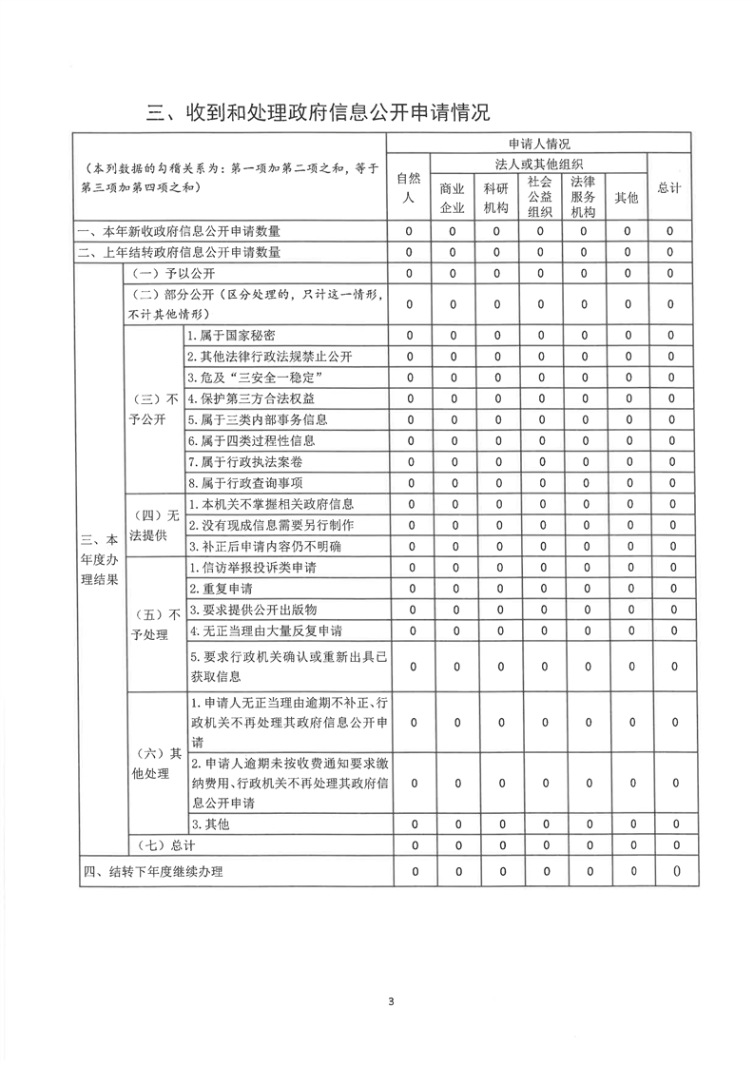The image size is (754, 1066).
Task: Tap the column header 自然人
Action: [x=409, y=188]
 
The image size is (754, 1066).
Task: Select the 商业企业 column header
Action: [x=452, y=198]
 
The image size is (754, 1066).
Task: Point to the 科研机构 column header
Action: [x=495, y=198]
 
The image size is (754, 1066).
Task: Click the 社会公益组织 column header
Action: [x=539, y=197]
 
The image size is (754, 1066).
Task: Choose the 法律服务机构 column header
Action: [x=583, y=197]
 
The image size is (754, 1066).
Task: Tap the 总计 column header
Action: [x=669, y=188]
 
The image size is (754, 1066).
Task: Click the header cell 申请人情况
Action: [x=539, y=144]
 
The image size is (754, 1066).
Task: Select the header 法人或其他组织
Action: [x=539, y=164]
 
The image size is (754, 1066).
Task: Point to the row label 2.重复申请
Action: [x=213, y=589]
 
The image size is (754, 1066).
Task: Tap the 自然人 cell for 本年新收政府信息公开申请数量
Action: [x=409, y=231]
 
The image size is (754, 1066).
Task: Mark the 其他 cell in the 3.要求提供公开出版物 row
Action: [x=627, y=610]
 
